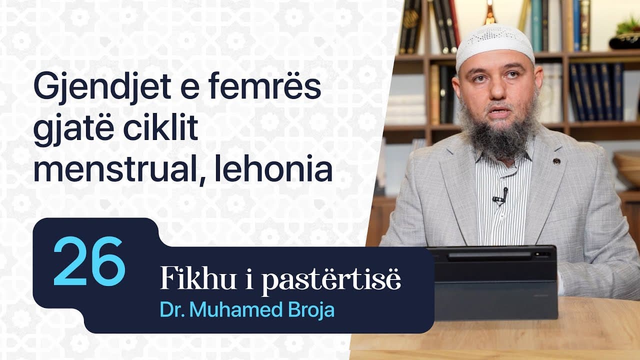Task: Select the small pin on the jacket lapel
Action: tap(556, 161)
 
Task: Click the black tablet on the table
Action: tap(492, 282)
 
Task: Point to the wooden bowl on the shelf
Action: tap(628, 167)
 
